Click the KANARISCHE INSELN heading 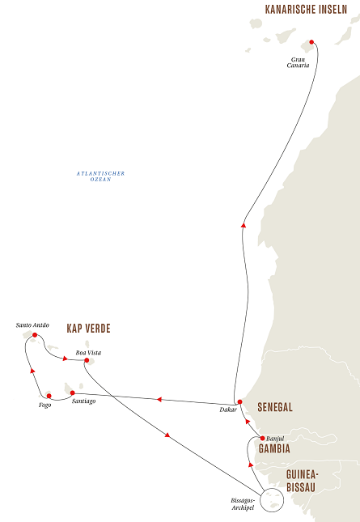pos(311,10)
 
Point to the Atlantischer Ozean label pos(101,176)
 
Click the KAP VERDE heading pos(88,329)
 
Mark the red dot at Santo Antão pos(35,335)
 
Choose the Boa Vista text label pos(88,353)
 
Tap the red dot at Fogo pos(49,396)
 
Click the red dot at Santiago pos(73,393)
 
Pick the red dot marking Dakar pos(239,401)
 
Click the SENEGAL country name pos(274,407)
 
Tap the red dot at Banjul pos(262,438)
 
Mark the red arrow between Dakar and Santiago pos(159,399)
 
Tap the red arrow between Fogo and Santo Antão pos(32,371)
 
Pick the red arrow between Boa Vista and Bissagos pos(167,436)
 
